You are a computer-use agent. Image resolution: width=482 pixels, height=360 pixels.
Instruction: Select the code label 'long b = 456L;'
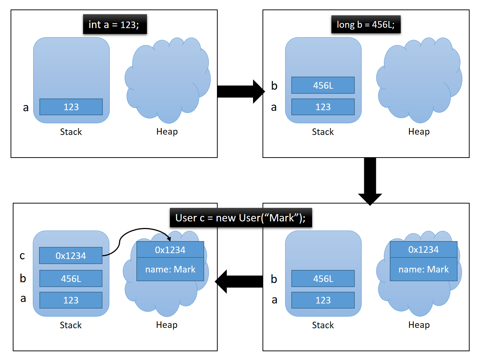[366, 24]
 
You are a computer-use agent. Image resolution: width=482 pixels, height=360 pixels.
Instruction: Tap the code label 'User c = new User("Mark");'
[241, 218]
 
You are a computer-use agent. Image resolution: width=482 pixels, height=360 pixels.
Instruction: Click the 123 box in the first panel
[71, 107]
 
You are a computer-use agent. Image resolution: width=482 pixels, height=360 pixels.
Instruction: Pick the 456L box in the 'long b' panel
[323, 85]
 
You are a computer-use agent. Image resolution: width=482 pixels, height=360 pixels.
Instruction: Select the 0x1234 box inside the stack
[71, 256]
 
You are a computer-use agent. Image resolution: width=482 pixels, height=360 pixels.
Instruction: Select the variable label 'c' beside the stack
[22, 256]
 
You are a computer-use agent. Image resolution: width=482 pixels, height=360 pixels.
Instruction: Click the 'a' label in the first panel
[26, 108]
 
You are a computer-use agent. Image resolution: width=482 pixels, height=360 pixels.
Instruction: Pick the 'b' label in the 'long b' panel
[274, 86]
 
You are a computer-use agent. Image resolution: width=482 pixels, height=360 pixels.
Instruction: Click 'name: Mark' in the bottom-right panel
[423, 270]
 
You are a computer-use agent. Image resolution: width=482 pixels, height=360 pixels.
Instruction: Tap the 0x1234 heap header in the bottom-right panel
[423, 249]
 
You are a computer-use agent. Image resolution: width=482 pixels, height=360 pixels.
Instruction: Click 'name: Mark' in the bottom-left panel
[170, 270]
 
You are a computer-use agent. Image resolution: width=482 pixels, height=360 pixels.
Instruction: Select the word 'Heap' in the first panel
[167, 131]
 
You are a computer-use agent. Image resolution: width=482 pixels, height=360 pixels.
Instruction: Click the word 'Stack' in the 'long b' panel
[323, 132]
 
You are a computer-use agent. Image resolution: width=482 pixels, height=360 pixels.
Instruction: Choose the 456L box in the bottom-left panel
[71, 279]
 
